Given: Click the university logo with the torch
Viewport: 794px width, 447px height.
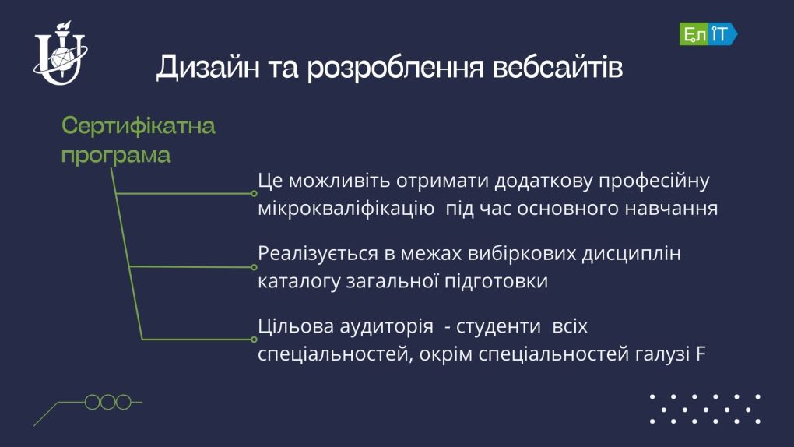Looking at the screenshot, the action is [61, 53].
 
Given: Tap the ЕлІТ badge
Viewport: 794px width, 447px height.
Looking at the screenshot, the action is [708, 34].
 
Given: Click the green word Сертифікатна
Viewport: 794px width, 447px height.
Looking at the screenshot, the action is [139, 125].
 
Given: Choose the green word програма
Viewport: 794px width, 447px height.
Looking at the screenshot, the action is [116, 155].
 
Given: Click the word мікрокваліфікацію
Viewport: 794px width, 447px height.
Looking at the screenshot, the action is [346, 208].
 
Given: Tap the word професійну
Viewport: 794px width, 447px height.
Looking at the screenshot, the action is [654, 181].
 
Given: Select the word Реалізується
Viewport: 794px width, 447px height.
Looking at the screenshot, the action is [318, 253].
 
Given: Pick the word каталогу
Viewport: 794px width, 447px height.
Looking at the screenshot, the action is [299, 281].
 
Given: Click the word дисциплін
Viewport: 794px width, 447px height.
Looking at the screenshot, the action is [631, 253].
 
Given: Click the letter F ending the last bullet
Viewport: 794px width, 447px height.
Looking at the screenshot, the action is [701, 354].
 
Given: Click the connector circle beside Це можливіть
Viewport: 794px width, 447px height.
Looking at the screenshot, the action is [255, 194].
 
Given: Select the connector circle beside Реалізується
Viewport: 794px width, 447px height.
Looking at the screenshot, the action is [255, 267].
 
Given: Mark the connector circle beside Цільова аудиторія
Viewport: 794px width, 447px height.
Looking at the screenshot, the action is [255, 340].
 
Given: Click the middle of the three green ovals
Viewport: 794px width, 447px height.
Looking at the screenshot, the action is [108, 402].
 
